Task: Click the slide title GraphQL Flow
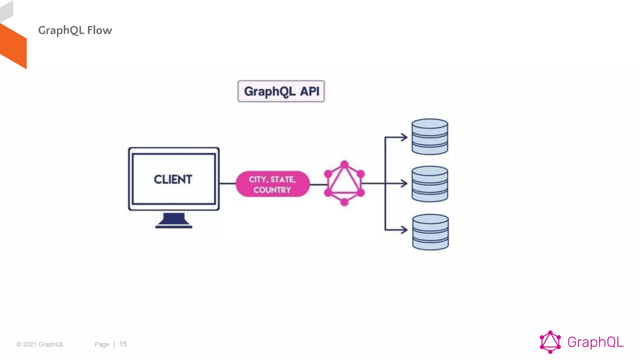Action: click(x=75, y=30)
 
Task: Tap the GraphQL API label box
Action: click(x=281, y=91)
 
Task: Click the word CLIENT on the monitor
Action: click(x=173, y=179)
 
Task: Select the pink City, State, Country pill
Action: click(x=272, y=184)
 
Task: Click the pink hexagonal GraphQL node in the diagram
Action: click(x=344, y=183)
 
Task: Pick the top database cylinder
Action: click(x=430, y=137)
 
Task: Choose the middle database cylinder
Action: click(x=430, y=184)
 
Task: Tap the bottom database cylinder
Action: click(x=430, y=232)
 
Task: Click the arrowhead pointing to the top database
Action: click(x=404, y=137)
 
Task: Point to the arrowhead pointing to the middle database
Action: click(x=404, y=183)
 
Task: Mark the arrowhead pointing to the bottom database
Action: click(x=404, y=230)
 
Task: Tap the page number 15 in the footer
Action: click(x=123, y=344)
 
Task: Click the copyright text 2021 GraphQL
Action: click(x=40, y=344)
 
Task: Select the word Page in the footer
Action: click(x=102, y=344)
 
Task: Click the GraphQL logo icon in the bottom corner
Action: click(x=550, y=342)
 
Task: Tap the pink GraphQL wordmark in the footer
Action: click(x=595, y=342)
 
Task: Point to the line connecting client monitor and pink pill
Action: click(x=227, y=183)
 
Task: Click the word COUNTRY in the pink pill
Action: click(x=272, y=190)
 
